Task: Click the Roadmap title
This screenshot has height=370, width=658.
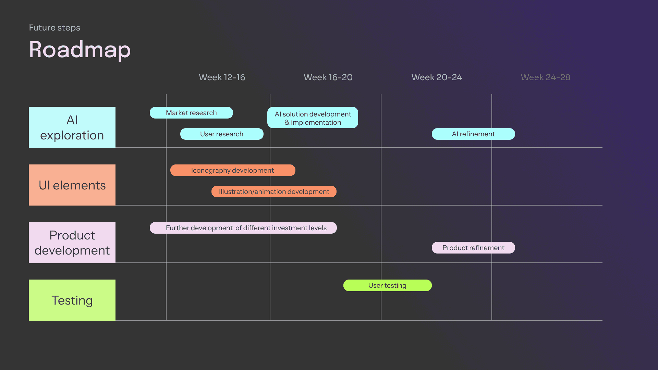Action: tap(80, 50)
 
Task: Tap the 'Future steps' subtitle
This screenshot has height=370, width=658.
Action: tap(54, 28)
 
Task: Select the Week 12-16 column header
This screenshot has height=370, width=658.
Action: tap(222, 77)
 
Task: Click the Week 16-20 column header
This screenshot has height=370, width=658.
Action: tap(328, 77)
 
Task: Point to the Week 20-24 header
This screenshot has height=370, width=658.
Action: tap(437, 77)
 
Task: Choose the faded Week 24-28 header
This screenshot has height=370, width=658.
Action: tap(545, 77)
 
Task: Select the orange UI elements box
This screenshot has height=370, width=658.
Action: tap(72, 185)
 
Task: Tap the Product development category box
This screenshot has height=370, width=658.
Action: tap(72, 243)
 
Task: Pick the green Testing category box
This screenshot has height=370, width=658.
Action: tap(72, 300)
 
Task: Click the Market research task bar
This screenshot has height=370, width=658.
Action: tap(191, 113)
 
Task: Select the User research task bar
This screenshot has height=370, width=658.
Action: tap(222, 134)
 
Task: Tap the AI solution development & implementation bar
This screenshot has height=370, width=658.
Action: tap(313, 118)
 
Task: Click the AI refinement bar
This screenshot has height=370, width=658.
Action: tap(473, 134)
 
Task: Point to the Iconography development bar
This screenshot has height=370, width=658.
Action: tap(232, 170)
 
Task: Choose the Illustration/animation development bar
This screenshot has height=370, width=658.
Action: tap(274, 192)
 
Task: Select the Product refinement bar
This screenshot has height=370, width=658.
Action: tap(473, 248)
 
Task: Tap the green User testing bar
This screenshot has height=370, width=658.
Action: tap(387, 285)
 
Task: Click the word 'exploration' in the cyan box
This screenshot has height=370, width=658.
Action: tap(72, 136)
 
